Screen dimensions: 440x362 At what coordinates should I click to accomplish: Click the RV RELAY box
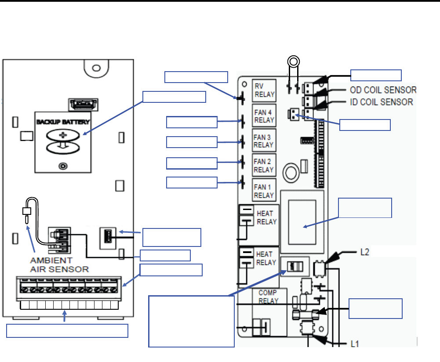point(264,90)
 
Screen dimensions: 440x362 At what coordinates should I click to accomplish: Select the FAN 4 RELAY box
point(264,116)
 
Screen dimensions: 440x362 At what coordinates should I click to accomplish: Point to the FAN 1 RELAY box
point(264,190)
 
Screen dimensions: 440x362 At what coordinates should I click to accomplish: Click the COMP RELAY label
point(268,297)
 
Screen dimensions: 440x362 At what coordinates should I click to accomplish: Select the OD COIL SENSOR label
point(383,90)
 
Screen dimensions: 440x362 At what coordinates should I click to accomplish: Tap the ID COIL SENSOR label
point(382,102)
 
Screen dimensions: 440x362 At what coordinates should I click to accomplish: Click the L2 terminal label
point(364,252)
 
